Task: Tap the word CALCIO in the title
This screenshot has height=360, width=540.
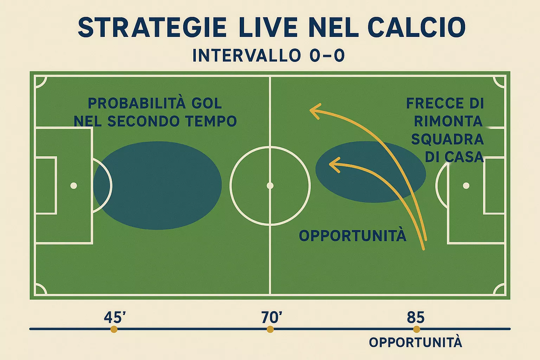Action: coord(417,27)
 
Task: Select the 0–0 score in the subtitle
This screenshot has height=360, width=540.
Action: coord(327,56)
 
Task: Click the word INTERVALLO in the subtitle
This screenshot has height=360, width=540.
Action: coord(246,56)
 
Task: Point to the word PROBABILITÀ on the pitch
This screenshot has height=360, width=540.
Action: coord(136,103)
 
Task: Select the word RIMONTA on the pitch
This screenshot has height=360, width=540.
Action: coord(448,121)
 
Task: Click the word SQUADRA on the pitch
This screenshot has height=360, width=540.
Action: coord(448,139)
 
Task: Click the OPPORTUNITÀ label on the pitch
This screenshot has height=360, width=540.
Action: coord(353,236)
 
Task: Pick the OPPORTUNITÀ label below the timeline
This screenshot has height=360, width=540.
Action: coord(416,342)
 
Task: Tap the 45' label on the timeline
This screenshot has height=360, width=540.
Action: coord(115,317)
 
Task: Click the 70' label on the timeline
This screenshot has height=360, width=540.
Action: coord(271,317)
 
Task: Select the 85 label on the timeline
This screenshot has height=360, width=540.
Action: coord(416,317)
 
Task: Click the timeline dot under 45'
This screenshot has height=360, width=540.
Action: coord(114,329)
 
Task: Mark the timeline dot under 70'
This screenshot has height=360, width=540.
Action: coord(270,329)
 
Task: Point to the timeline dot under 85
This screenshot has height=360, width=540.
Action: coord(417,329)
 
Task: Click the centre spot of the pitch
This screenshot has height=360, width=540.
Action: coord(270,186)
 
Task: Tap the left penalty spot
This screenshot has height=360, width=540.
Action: coord(73,186)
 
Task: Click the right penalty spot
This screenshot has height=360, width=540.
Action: coord(466,186)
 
